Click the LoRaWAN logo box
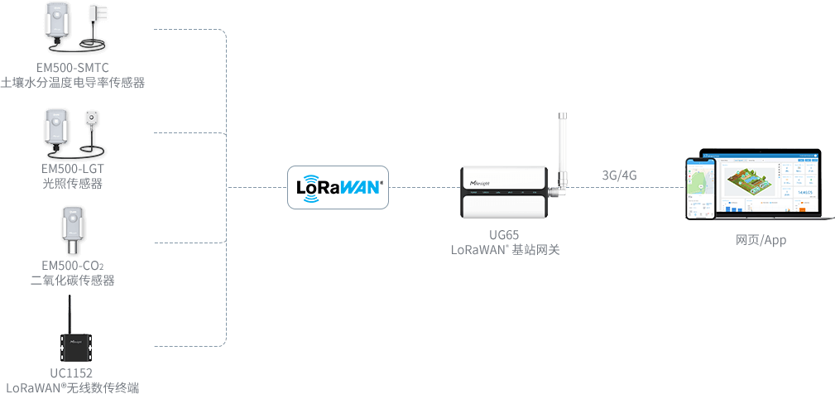(x=338, y=187)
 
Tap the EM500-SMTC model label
(x=73, y=67)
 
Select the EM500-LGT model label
(x=73, y=169)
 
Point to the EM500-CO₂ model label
(x=73, y=266)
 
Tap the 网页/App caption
(x=761, y=240)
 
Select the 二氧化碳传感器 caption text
(x=73, y=281)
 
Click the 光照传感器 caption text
(x=73, y=183)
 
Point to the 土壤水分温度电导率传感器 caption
(x=73, y=82)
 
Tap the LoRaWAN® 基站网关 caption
(x=505, y=249)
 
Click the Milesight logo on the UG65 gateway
(x=481, y=177)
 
